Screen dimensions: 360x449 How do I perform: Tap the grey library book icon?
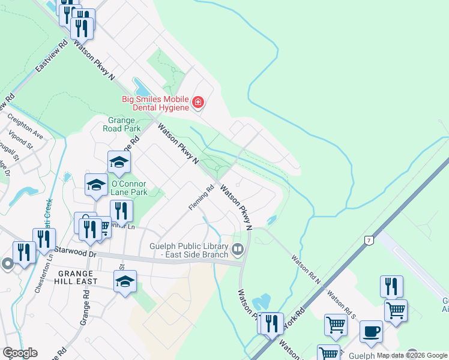[238, 248]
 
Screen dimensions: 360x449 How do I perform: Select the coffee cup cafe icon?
[371, 332]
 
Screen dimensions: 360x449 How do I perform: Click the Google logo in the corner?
[20, 353]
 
